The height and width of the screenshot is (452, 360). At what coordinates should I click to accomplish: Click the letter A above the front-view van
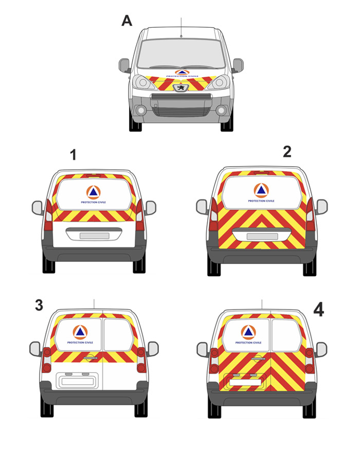127,21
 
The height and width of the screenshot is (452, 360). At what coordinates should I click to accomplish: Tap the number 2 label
287,152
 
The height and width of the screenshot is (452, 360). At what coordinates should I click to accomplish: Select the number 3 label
39,305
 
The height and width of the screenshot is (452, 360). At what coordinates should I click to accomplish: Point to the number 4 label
318,310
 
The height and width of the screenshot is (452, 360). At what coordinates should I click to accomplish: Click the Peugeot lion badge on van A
181,87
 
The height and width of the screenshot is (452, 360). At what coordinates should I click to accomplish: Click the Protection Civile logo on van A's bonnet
182,73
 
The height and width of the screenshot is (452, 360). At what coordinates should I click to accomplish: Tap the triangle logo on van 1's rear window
94,192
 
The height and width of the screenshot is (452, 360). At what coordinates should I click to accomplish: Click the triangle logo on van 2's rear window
261,190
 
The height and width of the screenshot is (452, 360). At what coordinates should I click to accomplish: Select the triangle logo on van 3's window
80,332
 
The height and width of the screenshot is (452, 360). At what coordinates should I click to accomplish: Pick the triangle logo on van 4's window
248,332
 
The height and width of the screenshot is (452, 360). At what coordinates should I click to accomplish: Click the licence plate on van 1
94,236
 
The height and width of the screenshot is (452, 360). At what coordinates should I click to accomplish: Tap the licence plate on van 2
262,237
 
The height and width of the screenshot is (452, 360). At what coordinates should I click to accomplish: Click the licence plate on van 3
78,382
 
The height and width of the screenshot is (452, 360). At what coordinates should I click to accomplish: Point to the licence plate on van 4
245,382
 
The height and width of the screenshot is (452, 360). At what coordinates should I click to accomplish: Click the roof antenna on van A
181,27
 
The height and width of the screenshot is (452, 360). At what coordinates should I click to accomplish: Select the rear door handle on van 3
91,358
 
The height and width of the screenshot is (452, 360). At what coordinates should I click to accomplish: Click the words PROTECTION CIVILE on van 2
261,201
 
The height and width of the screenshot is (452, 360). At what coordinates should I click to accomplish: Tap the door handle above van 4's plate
258,358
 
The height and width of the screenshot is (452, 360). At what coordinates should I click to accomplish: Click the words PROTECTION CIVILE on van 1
94,203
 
